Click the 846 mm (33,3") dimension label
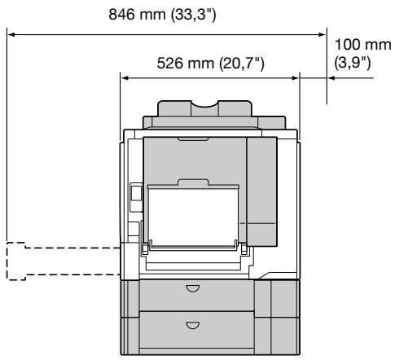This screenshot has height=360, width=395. pos(162,15)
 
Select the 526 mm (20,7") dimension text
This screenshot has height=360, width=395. pos(210,64)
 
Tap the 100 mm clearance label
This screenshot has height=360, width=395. pos(363,45)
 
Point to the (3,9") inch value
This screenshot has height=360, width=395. pos(353,64)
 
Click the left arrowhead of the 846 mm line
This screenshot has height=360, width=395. pos(11,35)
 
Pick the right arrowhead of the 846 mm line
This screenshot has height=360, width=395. pos(322,35)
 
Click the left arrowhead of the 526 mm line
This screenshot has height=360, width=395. pos(125,78)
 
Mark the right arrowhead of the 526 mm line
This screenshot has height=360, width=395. pos(295,78)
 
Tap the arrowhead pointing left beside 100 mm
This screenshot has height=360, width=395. pos(331,78)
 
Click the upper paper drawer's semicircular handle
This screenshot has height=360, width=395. pos(193,288)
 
